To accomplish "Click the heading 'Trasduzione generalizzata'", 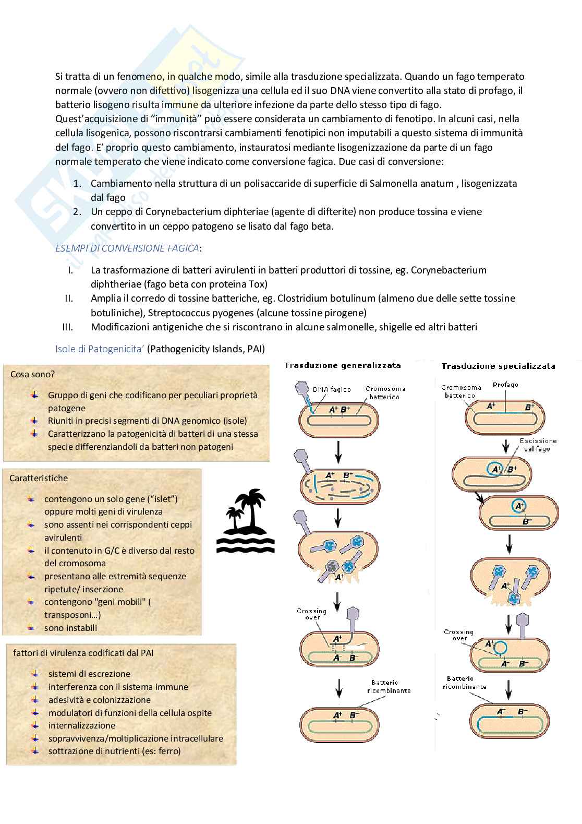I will pos(342,365).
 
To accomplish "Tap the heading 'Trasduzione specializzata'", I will pos(498,366).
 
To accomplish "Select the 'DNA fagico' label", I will pos(332,389).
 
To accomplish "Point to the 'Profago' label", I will pos(505,385).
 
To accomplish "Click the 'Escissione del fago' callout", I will pos(538,445).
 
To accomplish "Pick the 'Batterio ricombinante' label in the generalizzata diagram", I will pos(385,686).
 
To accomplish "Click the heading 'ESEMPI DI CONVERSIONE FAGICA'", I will pos(127,248).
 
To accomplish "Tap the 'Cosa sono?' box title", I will pos(32,374).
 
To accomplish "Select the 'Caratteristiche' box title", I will pos(39,478).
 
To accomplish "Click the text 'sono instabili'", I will pos(70,628).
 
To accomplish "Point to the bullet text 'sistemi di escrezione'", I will pos(89,674).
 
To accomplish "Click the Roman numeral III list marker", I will pos(68,327).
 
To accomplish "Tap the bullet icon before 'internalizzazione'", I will pos(35,725).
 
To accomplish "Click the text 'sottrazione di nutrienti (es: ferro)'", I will pos(114,751).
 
